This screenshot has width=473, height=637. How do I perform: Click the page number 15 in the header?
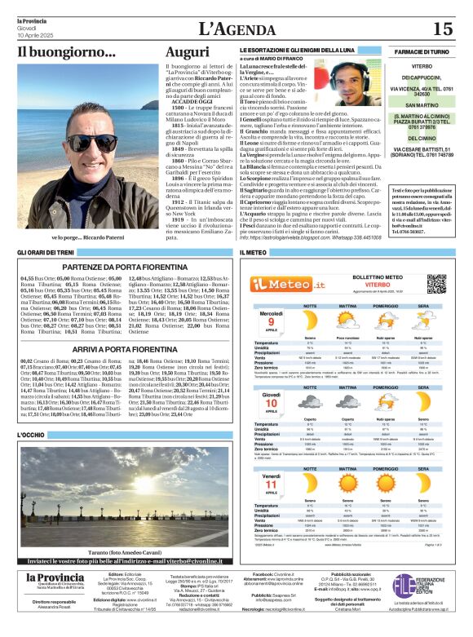point(442,29)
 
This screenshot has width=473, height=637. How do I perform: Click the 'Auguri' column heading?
point(188,53)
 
